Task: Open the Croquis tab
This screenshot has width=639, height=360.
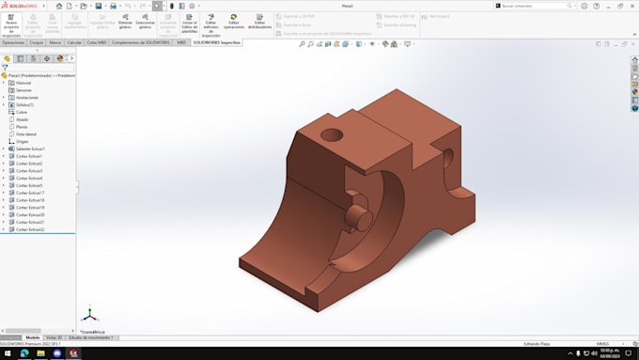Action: [37, 42]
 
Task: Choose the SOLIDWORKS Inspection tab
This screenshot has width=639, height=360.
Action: [217, 42]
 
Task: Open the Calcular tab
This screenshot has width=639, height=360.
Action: [74, 42]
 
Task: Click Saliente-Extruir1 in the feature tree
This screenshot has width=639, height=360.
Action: [30, 149]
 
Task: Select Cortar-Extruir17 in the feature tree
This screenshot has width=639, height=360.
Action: [30, 193]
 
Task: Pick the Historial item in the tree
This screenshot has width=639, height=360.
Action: [23, 83]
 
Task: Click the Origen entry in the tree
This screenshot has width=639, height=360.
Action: [22, 141]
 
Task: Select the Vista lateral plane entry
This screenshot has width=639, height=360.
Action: [26, 134]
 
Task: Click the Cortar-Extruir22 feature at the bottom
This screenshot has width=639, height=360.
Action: [30, 229]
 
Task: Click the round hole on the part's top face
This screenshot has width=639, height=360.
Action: [333, 135]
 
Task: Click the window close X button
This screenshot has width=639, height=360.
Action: [632, 6]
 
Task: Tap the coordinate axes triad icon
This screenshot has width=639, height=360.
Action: [89, 314]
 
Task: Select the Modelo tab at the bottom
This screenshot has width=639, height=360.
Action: [32, 337]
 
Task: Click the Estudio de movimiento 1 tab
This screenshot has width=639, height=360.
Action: [92, 337]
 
